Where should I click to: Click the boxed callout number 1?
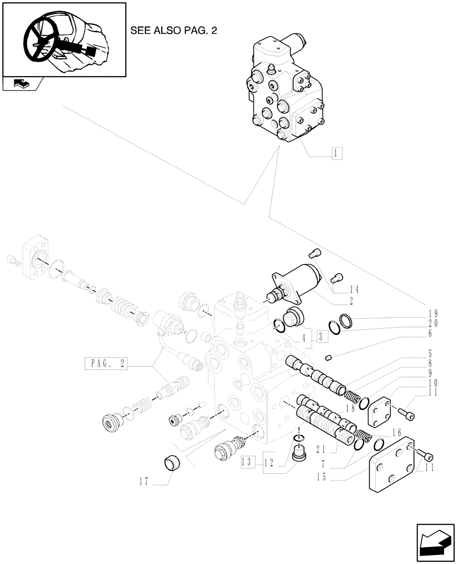click(x=336, y=152)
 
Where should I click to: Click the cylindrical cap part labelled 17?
click(x=171, y=464)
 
